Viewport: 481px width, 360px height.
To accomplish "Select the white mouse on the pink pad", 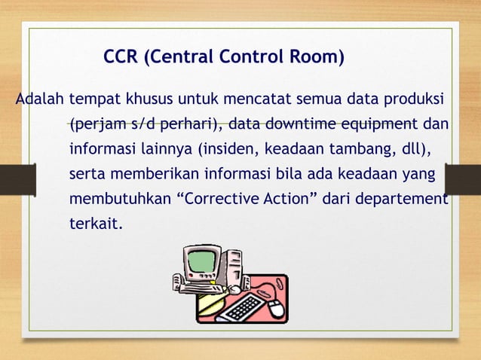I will [277, 307].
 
